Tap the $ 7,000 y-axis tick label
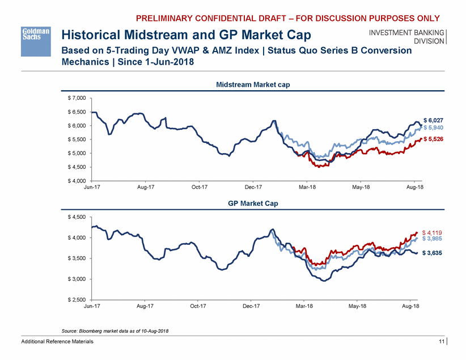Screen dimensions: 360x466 (76, 98)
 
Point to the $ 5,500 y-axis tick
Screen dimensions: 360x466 (76, 139)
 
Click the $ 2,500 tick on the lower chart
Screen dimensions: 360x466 (76, 299)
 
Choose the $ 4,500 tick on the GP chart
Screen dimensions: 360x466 (76, 217)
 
